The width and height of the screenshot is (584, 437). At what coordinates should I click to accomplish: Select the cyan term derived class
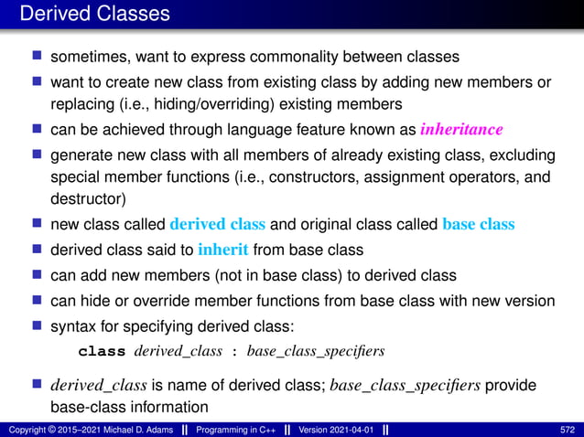coord(217,224)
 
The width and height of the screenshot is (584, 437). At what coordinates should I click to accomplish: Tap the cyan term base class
coord(478,224)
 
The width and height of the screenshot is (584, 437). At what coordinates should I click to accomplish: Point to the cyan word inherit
coord(222,250)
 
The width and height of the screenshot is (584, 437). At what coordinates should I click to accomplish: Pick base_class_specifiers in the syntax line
coord(314,351)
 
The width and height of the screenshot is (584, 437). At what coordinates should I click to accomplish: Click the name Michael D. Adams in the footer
coord(130,430)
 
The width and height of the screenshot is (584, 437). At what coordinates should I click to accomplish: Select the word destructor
coord(82,196)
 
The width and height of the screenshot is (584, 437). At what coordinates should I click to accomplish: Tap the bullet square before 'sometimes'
coord(38,57)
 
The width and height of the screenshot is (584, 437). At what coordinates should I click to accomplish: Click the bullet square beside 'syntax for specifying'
coord(38,326)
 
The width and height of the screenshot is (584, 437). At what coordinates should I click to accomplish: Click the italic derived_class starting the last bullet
coord(95,386)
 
